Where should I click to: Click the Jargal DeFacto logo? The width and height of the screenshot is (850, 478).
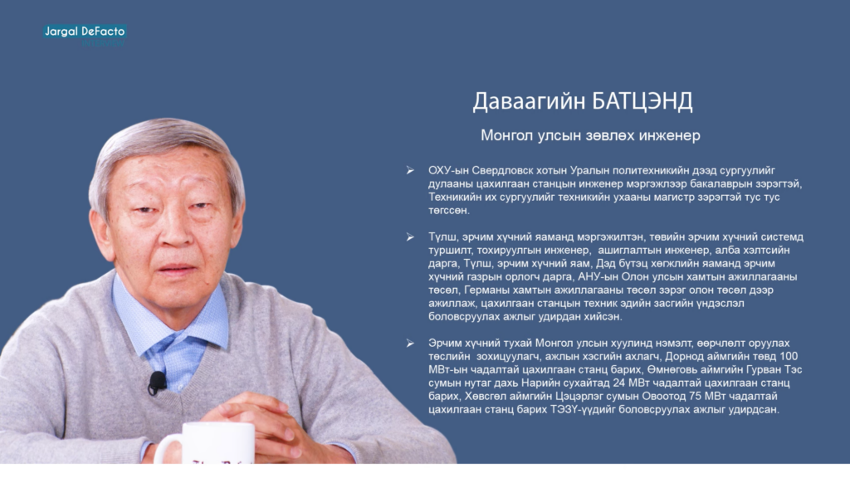(85, 35)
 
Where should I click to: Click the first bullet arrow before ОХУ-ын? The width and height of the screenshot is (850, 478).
(410, 171)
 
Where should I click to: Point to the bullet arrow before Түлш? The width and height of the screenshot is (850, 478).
(410, 237)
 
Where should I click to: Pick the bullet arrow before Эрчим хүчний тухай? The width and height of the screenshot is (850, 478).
(410, 344)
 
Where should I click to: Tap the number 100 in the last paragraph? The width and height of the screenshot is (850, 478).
(789, 357)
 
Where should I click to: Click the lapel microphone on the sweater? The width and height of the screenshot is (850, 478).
(157, 382)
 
